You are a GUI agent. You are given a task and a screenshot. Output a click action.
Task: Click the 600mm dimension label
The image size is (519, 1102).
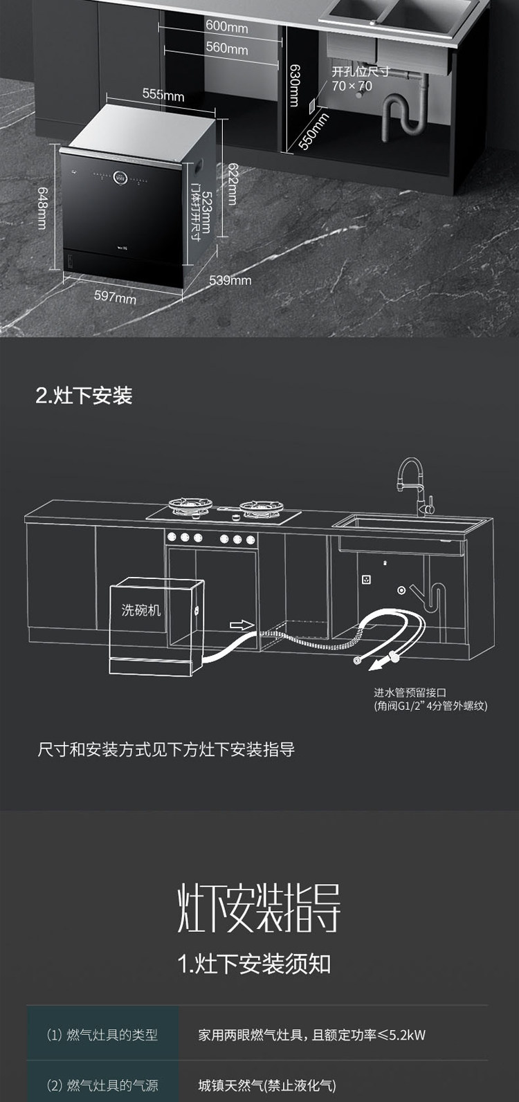pyautogui.click(x=226, y=28)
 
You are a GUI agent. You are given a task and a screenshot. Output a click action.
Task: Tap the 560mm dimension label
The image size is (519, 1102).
pyautogui.click(x=226, y=49)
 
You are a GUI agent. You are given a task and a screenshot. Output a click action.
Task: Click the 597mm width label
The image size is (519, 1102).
pyautogui.click(x=115, y=297)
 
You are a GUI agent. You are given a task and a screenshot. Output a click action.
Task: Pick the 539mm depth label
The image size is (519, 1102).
pyautogui.click(x=230, y=280)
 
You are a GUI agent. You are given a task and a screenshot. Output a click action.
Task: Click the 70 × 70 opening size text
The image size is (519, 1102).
pyautogui.click(x=352, y=86)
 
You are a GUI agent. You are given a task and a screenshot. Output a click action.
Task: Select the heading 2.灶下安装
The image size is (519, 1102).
pyautogui.click(x=84, y=396)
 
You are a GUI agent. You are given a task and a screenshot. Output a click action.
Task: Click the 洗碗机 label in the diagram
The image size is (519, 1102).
pyautogui.click(x=140, y=609)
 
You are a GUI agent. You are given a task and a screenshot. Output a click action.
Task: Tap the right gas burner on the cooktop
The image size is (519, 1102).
pyautogui.click(x=259, y=508)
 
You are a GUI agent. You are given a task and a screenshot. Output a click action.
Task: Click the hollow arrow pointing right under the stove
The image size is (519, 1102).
pyautogui.click(x=242, y=625)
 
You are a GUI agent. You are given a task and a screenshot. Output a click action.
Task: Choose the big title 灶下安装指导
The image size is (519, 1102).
pyautogui.click(x=259, y=907)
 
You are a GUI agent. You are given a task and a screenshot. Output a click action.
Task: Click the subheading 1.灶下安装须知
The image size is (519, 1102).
pyautogui.click(x=254, y=964)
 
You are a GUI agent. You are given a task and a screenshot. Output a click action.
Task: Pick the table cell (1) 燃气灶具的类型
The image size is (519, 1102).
pyautogui.click(x=102, y=1035)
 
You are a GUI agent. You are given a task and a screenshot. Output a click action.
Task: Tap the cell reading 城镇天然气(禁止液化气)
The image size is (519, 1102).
pyautogui.click(x=267, y=1085)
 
